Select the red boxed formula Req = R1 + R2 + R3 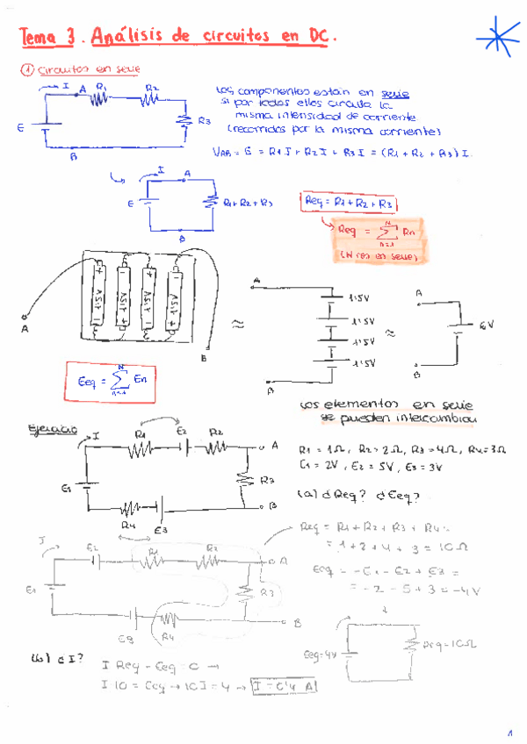[x=348, y=203]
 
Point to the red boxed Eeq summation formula [x=100, y=381]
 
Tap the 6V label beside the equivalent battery [x=487, y=325]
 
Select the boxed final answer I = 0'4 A [x=283, y=686]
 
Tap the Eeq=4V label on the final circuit [x=318, y=653]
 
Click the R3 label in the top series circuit [x=204, y=120]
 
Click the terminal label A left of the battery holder [x=25, y=329]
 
